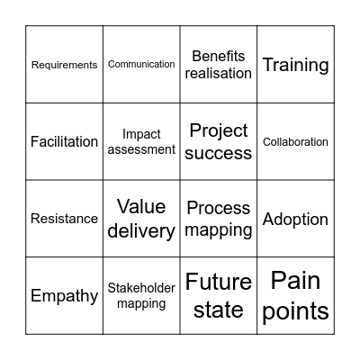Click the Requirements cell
[x=64, y=65]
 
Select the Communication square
[x=141, y=65]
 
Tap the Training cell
[x=295, y=65]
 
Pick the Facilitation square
[x=64, y=141]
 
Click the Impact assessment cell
[x=141, y=141]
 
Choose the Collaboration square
[x=295, y=141]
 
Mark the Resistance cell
[x=64, y=219]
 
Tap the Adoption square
[x=295, y=219]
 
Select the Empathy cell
[x=64, y=295]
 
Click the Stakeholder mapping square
[x=141, y=295]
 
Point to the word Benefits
[x=219, y=56]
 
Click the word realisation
[x=219, y=73]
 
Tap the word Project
[x=219, y=130]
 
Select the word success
[x=219, y=153]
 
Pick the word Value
[x=141, y=207]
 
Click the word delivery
[x=141, y=230]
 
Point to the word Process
[x=219, y=209]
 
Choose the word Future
[x=219, y=283]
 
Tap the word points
[x=295, y=311]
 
